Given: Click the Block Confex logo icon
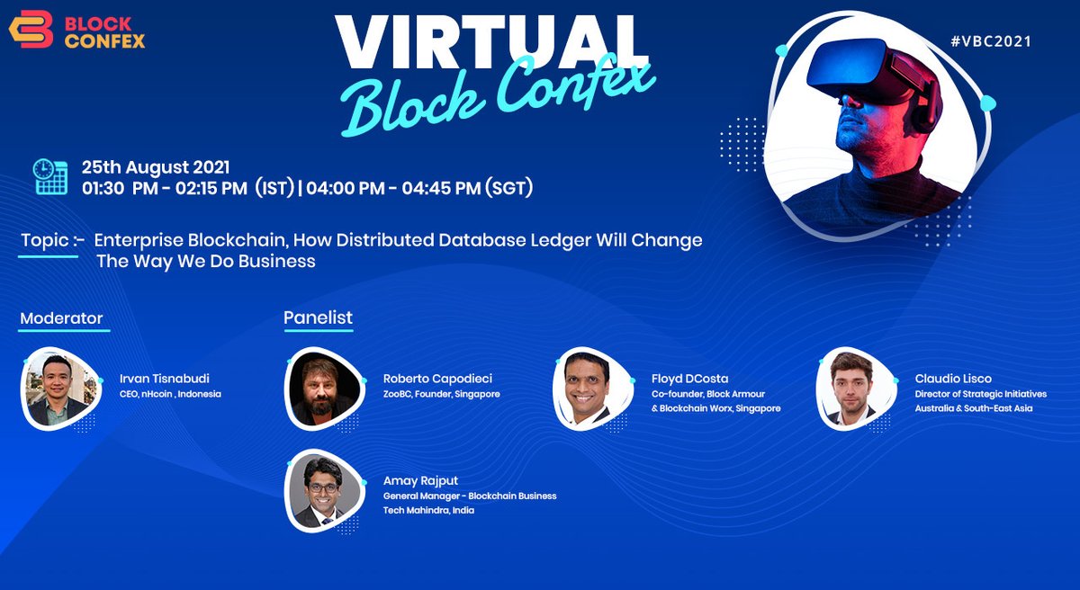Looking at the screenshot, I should (x=31, y=30).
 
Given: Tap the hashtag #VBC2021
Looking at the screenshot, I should (x=990, y=41).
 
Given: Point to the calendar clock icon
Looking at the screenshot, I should (x=51, y=177).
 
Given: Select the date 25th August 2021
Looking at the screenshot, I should (x=156, y=167).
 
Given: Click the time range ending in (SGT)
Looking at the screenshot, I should (x=421, y=188).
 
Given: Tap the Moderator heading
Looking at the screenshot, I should (x=61, y=318).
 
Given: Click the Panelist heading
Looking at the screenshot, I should (x=318, y=317).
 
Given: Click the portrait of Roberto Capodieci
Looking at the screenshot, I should (x=323, y=388).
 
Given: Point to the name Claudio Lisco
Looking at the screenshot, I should (x=953, y=379).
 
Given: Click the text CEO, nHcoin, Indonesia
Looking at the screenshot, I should (x=170, y=394).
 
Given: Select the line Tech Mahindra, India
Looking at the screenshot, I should (x=428, y=510).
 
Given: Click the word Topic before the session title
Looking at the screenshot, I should (x=45, y=240).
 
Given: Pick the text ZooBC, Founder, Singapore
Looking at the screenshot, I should (x=442, y=394).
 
